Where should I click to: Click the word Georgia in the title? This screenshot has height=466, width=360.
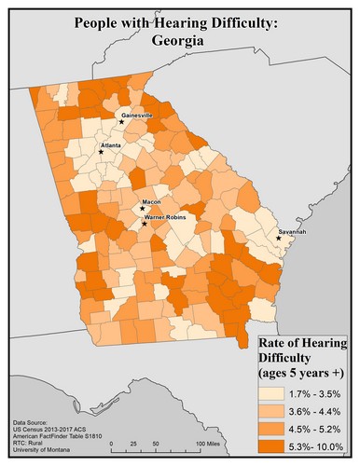pos(180,41)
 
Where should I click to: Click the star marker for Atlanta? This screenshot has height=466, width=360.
pos(115,152)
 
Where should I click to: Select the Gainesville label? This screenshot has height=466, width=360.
pos(137,114)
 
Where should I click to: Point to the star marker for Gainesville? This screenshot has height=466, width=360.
pos(121,120)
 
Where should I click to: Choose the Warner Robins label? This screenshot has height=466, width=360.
pos(168,216)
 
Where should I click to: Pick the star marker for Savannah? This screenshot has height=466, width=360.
pos(279,239)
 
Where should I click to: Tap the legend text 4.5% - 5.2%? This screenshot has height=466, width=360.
pos(315,428)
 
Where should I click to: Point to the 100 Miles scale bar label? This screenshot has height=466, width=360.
pos(205,443)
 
